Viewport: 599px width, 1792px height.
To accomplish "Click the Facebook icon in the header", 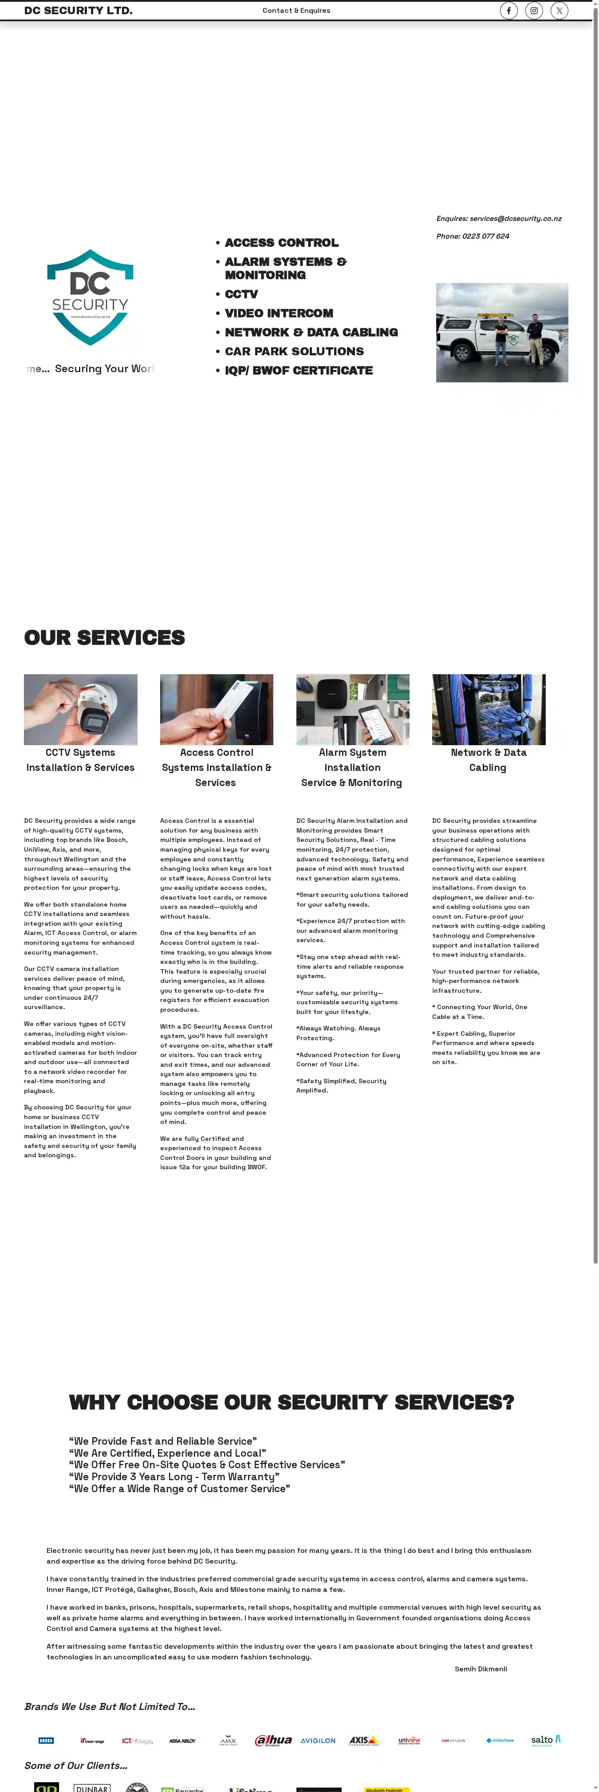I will point(508,11).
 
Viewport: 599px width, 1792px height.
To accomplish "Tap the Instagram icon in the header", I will point(534,11).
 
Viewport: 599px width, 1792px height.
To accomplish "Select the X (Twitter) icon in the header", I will point(559,11).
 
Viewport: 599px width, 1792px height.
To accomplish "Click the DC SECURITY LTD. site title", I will point(78,11).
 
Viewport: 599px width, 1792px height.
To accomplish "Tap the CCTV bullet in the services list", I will point(241,294).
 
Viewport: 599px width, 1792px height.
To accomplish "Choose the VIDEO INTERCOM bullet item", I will point(278,314).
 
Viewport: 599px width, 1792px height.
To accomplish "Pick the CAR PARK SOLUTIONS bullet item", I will point(294,351).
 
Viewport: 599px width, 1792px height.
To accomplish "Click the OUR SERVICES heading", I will point(104,637).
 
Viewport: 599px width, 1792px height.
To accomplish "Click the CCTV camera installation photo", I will point(81,710).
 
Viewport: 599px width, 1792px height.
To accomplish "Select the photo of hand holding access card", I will point(217,710).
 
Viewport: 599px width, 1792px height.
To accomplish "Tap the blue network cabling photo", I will point(489,710).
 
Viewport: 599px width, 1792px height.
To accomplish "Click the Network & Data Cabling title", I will point(489,760).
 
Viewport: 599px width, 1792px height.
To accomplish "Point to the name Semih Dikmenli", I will point(481,1669).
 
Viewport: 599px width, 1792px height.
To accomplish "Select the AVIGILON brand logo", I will point(318,1741).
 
